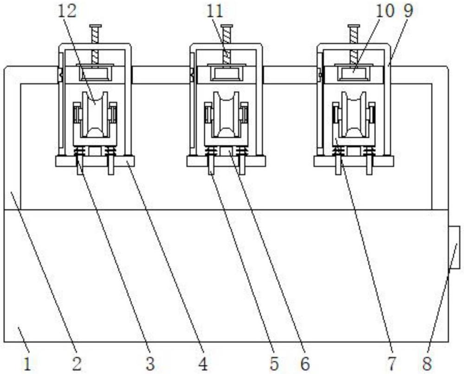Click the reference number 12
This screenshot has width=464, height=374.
click(67, 11)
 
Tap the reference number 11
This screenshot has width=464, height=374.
click(214, 11)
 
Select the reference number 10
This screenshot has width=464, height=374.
click(385, 11)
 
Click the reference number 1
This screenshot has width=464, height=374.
click(27, 364)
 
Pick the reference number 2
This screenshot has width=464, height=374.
click(77, 364)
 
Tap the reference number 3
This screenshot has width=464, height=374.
click(150, 364)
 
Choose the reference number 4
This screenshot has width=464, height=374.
click(203, 364)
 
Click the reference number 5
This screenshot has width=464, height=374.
click(274, 364)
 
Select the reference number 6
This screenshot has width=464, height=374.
click(305, 364)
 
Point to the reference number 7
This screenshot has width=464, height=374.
click(392, 364)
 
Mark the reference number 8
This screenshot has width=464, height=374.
click(427, 364)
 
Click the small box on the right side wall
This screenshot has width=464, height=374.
click(454, 247)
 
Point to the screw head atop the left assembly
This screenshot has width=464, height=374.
click(95, 26)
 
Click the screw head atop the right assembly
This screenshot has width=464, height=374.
click(354, 26)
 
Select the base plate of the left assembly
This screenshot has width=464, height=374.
click(95, 161)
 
